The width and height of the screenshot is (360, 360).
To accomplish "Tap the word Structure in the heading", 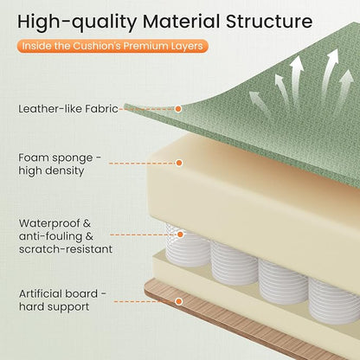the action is [269, 22].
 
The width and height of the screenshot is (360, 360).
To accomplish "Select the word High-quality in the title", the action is [77, 22].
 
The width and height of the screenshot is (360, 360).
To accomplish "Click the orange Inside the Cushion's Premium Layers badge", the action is [112, 46].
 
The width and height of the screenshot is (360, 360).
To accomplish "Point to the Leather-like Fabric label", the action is [68, 109].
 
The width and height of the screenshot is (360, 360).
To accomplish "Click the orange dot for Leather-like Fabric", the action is [178, 109].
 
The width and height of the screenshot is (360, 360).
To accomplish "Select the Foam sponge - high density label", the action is [60, 164].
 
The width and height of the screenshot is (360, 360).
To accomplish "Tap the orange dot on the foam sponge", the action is [179, 163].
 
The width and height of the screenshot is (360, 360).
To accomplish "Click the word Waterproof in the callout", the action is [50, 223].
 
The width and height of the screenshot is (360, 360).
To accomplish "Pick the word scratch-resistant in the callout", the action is [66, 249].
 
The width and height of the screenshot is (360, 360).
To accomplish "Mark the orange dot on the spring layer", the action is [180, 235].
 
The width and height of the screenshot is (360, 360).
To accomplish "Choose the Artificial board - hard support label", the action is [62, 300].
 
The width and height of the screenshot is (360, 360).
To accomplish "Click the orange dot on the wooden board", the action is [179, 301].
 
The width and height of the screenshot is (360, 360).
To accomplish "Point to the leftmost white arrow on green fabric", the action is [259, 102].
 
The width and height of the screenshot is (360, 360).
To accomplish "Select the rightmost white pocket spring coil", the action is [334, 300].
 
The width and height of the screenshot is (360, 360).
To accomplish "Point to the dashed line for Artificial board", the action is [145, 301].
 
